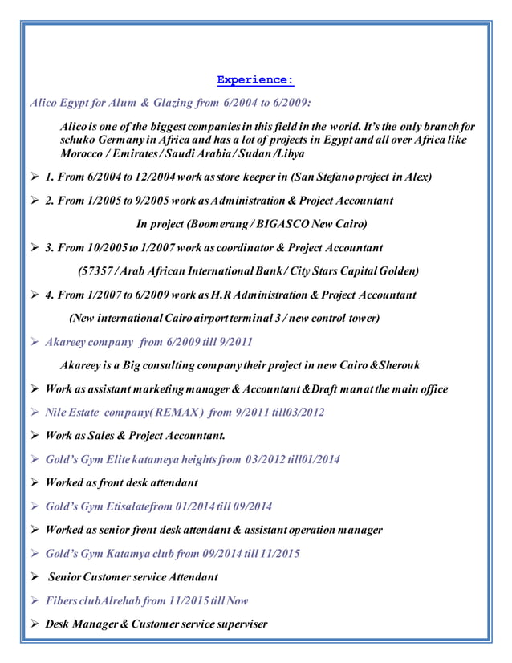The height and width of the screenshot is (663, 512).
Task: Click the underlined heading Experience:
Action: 255,80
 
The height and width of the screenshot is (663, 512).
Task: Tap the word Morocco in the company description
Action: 84,153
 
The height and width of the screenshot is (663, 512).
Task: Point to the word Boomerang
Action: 229,223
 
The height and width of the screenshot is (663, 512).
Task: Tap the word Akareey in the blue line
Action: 67,342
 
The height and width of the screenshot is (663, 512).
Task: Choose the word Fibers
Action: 63,600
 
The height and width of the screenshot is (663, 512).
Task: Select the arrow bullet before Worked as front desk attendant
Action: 34,483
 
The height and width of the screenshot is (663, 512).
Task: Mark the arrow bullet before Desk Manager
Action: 34,624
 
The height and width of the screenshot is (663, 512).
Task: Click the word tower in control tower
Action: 360,318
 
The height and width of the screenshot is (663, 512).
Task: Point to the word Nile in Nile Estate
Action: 58,413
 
